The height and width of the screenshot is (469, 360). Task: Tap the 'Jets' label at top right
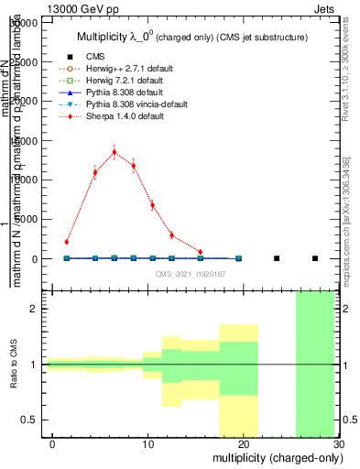pos(327,7)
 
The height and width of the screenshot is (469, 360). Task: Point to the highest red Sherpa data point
pos(114,152)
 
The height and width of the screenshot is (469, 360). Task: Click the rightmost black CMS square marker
pos(314,258)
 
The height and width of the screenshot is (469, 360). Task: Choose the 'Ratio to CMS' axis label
pos(15,365)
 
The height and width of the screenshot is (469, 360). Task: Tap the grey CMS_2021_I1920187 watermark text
pos(191,273)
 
